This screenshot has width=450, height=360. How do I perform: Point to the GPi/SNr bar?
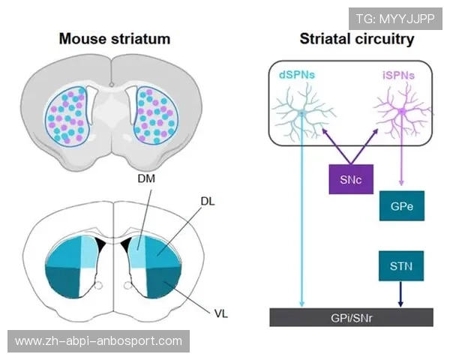352,317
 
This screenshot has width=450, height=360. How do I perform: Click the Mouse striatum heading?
115,38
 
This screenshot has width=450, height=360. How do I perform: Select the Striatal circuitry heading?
357,38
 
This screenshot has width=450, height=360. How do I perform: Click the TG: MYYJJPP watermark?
396,17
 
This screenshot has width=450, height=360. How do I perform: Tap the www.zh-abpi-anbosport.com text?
98,341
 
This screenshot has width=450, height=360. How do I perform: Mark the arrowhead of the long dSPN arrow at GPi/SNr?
302,304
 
